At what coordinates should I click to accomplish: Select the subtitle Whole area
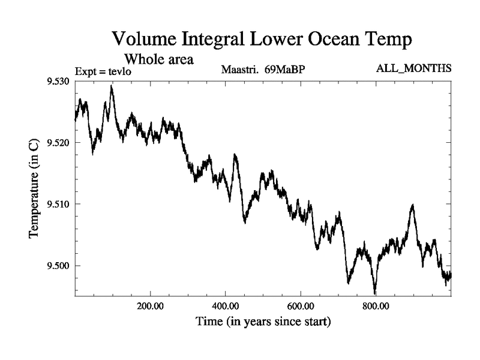click(x=158, y=59)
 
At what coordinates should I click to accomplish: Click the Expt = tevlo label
click(x=103, y=72)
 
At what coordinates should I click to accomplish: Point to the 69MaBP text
click(x=285, y=70)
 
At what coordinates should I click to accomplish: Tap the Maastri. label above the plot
click(x=240, y=70)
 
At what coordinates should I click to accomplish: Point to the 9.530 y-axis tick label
click(x=58, y=81)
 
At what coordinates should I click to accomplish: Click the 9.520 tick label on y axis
click(x=58, y=143)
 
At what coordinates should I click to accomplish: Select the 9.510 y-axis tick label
click(x=58, y=204)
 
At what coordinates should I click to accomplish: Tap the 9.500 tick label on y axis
click(x=58, y=266)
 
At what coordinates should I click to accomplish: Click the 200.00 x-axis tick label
click(x=150, y=307)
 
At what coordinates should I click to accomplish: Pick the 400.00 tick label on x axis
click(x=225, y=307)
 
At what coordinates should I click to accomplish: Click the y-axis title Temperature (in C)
click(x=34, y=187)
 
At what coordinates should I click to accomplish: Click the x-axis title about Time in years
click(x=263, y=322)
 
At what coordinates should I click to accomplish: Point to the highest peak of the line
click(x=111, y=86)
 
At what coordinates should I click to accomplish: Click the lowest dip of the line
click(x=375, y=293)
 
